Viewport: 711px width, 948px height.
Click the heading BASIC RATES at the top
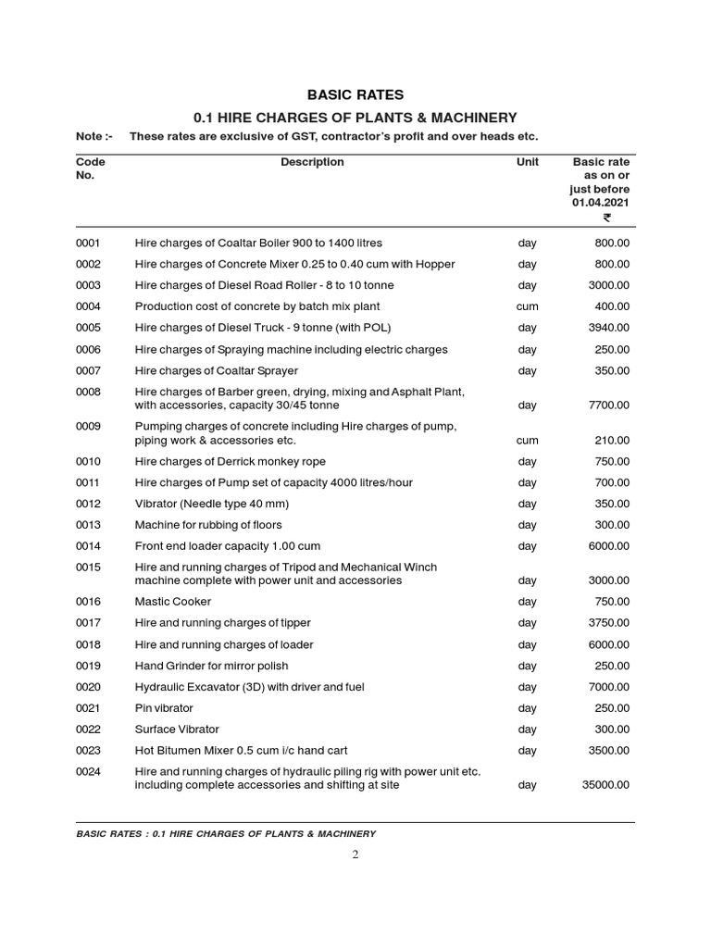pyautogui.click(x=355, y=94)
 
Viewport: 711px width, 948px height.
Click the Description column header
pyautogui.click(x=312, y=162)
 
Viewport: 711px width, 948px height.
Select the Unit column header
pyautogui.click(x=527, y=162)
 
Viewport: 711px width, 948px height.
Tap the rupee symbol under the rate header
pyautogui.click(x=606, y=218)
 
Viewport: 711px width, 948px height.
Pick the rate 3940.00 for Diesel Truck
pyautogui.click(x=609, y=328)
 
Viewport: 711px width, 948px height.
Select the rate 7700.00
pyautogui.click(x=609, y=405)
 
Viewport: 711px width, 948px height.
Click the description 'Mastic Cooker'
pyautogui.click(x=173, y=602)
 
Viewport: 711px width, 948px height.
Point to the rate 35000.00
pyautogui.click(x=605, y=785)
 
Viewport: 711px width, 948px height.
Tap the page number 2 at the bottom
pyautogui.click(x=355, y=854)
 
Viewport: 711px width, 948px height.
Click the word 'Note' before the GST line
pyautogui.click(x=91, y=137)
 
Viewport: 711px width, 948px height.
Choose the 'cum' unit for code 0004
pyautogui.click(x=527, y=306)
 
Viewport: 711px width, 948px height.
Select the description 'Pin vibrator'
pyautogui.click(x=164, y=708)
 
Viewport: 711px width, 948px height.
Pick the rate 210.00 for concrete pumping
pyautogui.click(x=612, y=441)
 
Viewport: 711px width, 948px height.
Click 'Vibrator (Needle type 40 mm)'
pyautogui.click(x=212, y=504)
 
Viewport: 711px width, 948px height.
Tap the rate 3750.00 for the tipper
pyautogui.click(x=609, y=623)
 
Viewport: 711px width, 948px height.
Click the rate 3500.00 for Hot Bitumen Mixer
pyautogui.click(x=609, y=751)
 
